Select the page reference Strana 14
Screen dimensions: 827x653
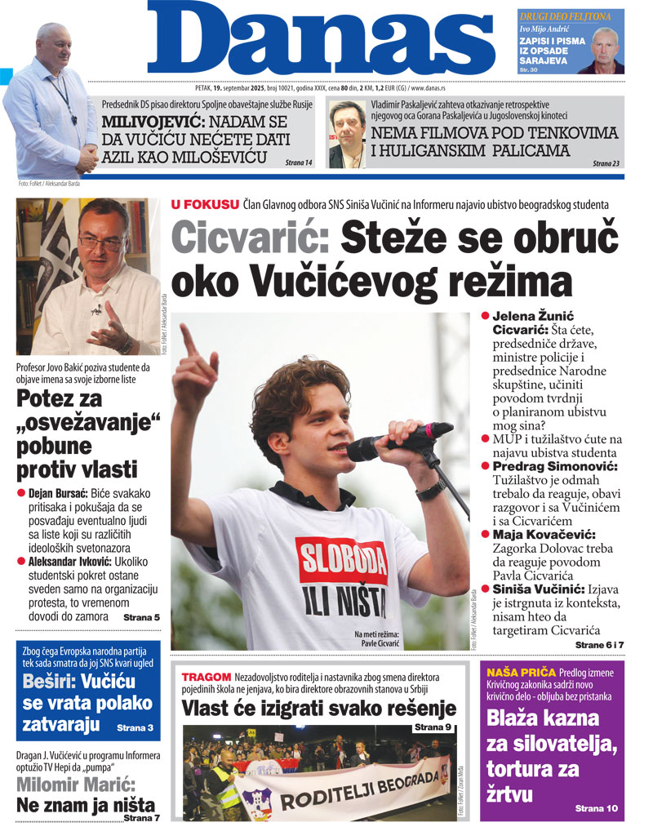pyautogui.click(x=299, y=163)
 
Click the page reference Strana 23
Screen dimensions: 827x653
pyautogui.click(x=606, y=163)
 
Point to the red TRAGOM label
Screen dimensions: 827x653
pyautogui.click(x=207, y=678)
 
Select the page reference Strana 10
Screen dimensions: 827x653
pyautogui.click(x=597, y=808)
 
